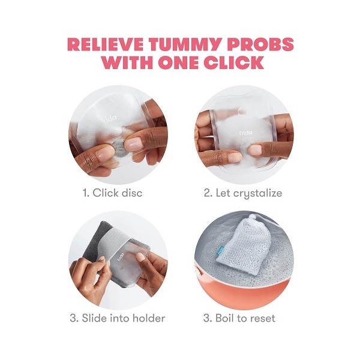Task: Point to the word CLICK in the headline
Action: pyautogui.click(x=233, y=62)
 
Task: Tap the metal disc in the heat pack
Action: pyautogui.click(x=119, y=149)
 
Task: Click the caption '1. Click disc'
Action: pyautogui.click(x=113, y=193)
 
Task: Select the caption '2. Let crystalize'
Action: pyautogui.click(x=243, y=193)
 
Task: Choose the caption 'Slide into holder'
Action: pyautogui.click(x=124, y=319)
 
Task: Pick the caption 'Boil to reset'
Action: pyautogui.click(x=245, y=319)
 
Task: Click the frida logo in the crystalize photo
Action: pyautogui.click(x=245, y=133)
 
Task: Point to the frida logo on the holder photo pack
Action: pyautogui.click(x=121, y=257)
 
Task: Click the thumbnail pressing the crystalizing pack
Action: pyautogui.click(x=256, y=149)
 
